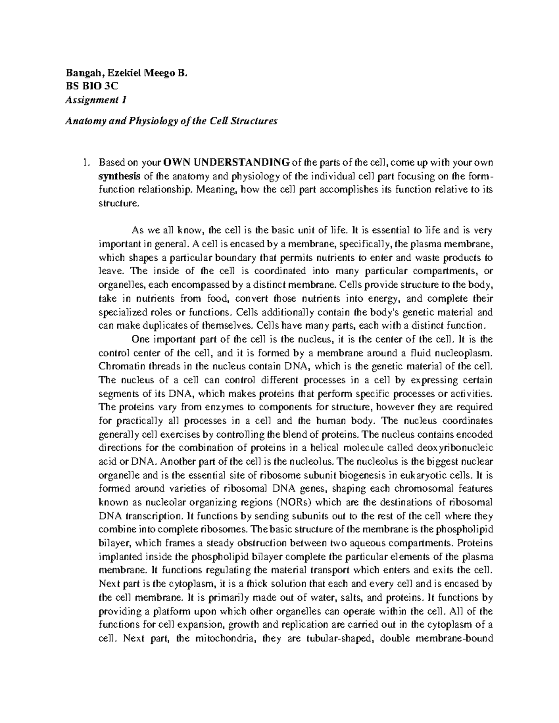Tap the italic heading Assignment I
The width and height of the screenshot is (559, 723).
96,100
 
